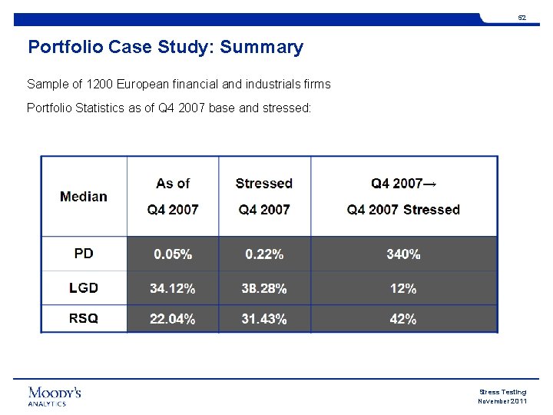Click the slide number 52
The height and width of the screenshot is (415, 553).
522,18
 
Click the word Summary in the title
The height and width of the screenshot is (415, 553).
261,48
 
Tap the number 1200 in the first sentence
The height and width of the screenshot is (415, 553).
99,84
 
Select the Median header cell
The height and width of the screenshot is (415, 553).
84,197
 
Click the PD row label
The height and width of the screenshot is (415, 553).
84,254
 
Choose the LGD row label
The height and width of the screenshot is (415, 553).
84,288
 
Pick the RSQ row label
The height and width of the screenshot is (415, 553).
84,318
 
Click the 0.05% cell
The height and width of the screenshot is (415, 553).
173,254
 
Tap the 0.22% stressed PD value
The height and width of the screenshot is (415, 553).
264,254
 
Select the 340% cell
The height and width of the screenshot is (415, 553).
403,254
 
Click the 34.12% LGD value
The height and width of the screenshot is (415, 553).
173,288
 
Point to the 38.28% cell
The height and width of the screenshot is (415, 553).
264,288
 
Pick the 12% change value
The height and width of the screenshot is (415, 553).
403,289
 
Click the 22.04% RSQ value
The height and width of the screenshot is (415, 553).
173,319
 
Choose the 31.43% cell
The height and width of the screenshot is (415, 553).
264,319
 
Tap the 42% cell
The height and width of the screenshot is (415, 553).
403,319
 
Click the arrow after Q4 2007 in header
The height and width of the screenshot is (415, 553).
429,184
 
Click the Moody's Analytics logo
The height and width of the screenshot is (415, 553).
55,397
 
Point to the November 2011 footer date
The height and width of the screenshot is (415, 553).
502,401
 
